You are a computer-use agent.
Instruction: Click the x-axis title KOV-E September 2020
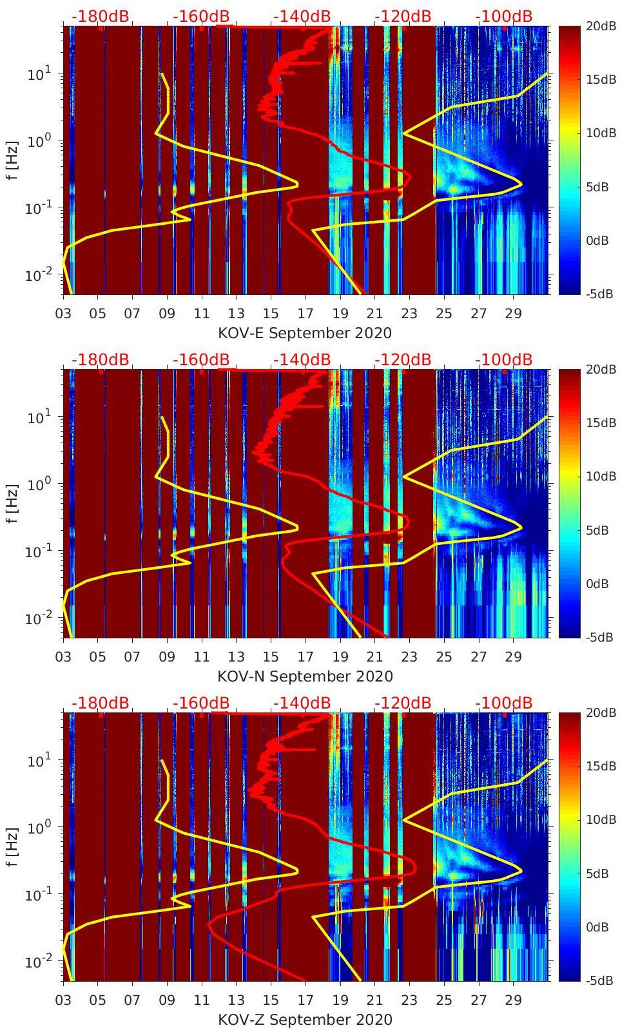[x=305, y=333]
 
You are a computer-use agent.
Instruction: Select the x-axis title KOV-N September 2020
[x=305, y=676]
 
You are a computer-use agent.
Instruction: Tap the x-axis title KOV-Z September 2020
[x=305, y=1020]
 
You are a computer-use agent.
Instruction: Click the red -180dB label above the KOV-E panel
[x=100, y=16]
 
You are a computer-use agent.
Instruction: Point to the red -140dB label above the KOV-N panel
[x=302, y=359]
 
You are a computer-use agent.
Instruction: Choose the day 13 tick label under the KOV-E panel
[x=236, y=314]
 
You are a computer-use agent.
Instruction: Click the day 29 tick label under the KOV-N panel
[x=513, y=657]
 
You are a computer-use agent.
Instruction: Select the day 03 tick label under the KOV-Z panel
[x=63, y=1000]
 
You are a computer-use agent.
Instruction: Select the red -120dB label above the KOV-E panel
[x=402, y=16]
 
